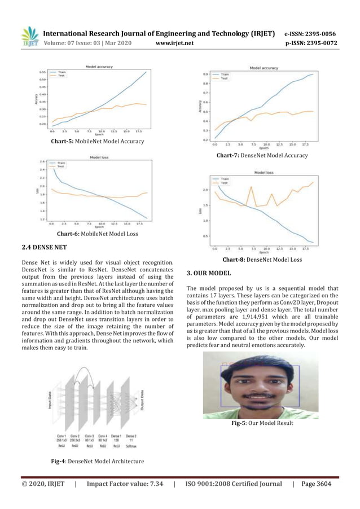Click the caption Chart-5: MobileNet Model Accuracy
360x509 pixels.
coord(97,141)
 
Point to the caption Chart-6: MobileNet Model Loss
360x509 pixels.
coord(97,233)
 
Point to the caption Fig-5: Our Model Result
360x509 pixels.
coord(262,423)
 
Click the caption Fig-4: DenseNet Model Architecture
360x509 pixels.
coord(97,462)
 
